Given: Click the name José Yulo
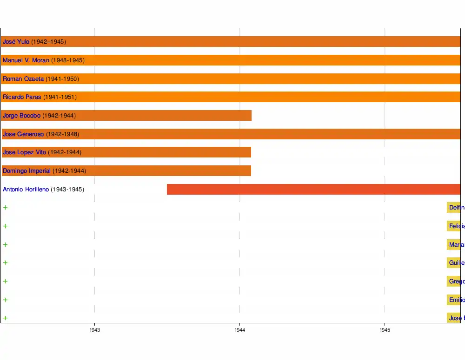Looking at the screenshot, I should [16, 42].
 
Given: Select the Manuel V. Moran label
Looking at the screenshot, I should [26, 60].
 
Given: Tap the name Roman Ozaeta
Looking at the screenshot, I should [23, 79].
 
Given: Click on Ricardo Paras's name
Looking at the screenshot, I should [22, 97].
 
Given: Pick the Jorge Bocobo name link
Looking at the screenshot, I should [21, 116].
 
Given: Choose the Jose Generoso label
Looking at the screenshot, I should [23, 134].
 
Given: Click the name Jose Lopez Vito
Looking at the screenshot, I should [24, 152].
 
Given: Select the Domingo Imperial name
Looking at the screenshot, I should [27, 171].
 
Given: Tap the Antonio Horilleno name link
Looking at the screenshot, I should [26, 190].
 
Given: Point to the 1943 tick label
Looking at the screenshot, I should [95, 330].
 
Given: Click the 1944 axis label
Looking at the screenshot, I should [240, 330].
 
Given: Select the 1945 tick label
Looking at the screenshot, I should [385, 330].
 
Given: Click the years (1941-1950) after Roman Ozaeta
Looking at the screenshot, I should [62, 79].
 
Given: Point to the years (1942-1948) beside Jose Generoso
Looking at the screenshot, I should [62, 134].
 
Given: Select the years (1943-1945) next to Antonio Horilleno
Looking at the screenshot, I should [67, 190].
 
